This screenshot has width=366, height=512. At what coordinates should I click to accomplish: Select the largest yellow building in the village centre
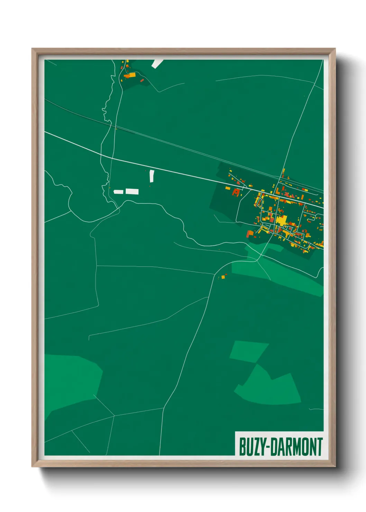282,220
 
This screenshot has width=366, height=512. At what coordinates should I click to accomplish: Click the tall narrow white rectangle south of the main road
152,176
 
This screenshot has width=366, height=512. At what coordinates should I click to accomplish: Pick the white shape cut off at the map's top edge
157,63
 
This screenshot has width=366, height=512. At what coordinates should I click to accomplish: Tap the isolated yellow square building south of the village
223,276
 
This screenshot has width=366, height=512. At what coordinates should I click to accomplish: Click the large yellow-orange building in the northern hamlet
130,75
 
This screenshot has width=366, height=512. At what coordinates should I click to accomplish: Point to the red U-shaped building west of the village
236,192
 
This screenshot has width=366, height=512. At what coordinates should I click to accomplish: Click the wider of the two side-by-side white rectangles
132,191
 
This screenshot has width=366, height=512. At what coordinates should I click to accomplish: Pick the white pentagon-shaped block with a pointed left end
118,192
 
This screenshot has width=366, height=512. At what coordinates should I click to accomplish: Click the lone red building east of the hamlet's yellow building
142,80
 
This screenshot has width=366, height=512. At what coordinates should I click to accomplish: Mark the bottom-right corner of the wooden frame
335,467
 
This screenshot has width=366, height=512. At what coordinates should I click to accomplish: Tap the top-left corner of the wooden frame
32,49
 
